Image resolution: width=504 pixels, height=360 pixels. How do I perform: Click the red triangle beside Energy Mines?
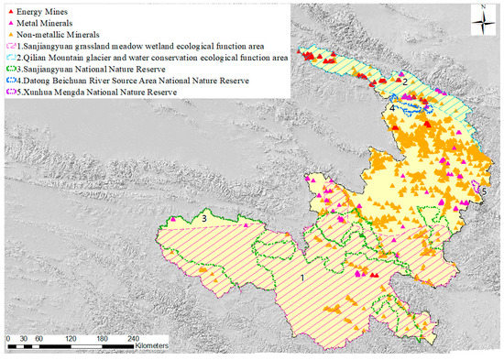pos(9,7)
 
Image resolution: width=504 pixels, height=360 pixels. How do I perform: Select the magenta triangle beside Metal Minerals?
pos(9,17)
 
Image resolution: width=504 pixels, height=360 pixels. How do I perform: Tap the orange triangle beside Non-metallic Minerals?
pos(9,27)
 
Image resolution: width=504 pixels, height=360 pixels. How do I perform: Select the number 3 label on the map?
pos(203,218)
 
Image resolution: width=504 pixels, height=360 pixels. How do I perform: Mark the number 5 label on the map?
pos(483,190)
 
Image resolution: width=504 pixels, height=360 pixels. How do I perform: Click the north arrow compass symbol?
pos(482,20)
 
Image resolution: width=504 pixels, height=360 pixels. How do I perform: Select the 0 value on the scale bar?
pos(8,338)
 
